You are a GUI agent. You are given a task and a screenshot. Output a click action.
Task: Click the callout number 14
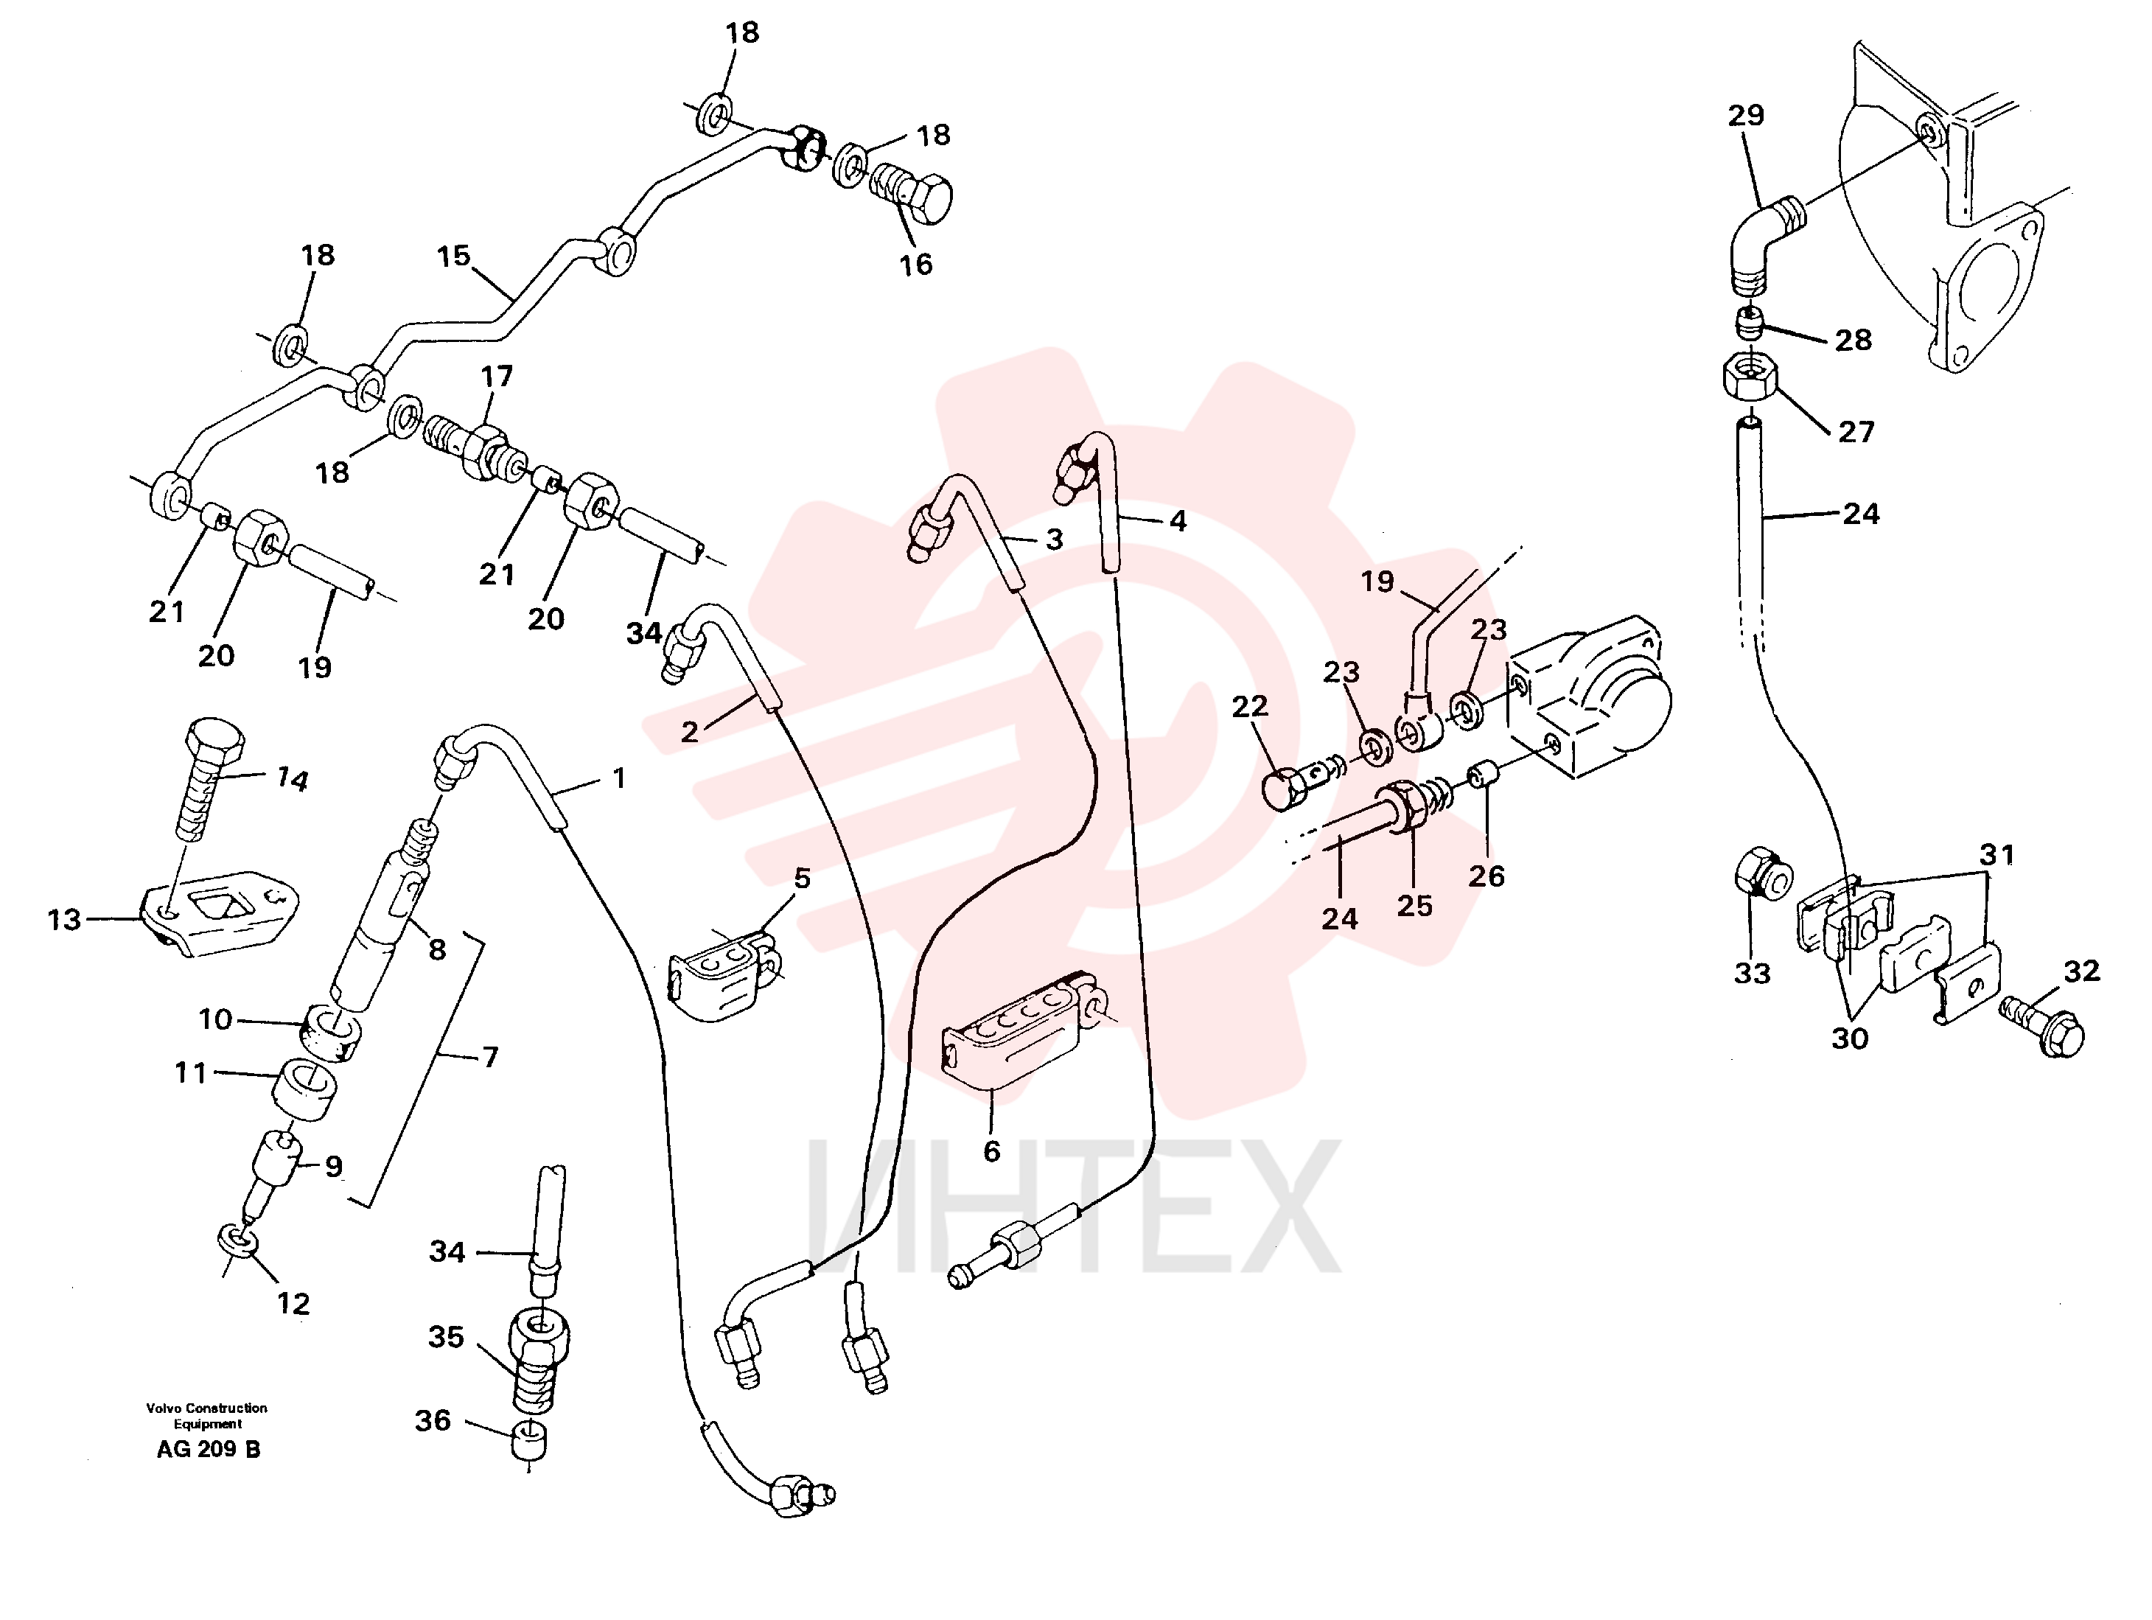pyautogui.click(x=292, y=778)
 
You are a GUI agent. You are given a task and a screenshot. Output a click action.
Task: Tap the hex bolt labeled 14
pyautogui.click(x=208, y=778)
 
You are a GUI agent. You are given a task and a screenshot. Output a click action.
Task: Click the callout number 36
pyautogui.click(x=433, y=1420)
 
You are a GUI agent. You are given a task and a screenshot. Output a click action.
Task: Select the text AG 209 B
pyautogui.click(x=208, y=1449)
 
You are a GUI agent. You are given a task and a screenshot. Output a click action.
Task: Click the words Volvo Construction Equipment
pyautogui.click(x=207, y=1416)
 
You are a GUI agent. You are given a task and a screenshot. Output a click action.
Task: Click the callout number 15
pyautogui.click(x=453, y=256)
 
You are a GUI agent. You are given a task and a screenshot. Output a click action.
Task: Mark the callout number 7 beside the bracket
pyautogui.click(x=490, y=1057)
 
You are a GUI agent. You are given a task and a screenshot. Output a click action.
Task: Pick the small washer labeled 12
pyautogui.click(x=237, y=1240)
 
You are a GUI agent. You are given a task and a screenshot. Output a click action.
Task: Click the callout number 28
pyautogui.click(x=1854, y=340)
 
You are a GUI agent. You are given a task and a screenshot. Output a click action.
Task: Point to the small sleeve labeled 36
pyautogui.click(x=528, y=1439)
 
